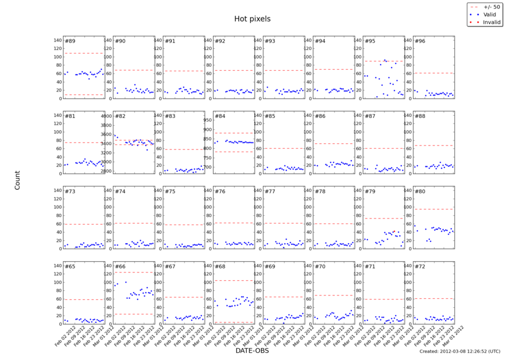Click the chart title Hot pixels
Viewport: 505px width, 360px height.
(x=252, y=19)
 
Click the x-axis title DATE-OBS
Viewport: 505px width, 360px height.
(x=252, y=350)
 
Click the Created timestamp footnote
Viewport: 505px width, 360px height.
(x=459, y=352)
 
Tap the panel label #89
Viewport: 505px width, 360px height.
(x=71, y=41)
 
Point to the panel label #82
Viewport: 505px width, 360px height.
(x=120, y=116)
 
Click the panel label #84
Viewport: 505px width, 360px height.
(x=220, y=116)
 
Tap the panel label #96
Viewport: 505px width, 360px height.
(x=419, y=41)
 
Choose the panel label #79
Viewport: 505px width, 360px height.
(x=369, y=192)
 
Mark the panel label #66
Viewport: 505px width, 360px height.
(x=120, y=267)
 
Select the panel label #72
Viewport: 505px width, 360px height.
(x=419, y=267)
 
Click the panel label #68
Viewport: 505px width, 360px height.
(x=220, y=267)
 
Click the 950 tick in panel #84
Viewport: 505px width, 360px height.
(x=207, y=120)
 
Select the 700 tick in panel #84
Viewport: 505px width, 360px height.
(x=207, y=167)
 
